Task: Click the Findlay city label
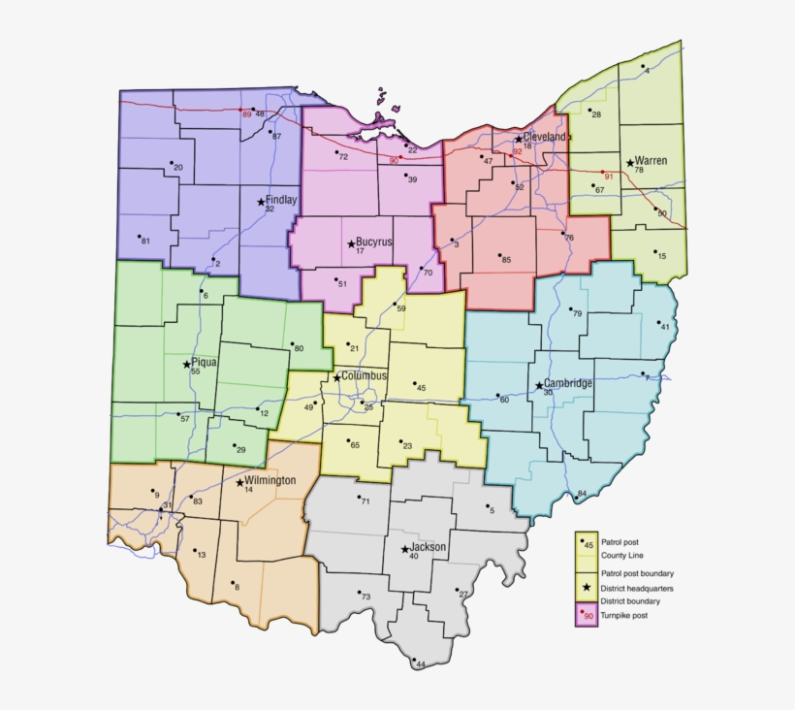tap(281, 200)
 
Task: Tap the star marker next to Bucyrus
tap(351, 243)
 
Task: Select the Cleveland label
tap(545, 138)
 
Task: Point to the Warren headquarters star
tap(629, 163)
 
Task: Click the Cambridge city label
tap(568, 383)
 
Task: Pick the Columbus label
tap(364, 375)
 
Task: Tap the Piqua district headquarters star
tap(186, 365)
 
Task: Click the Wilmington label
tap(270, 480)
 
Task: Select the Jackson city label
tap(429, 547)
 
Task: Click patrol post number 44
tap(420, 664)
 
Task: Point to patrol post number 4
tap(646, 71)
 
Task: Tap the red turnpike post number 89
tap(246, 114)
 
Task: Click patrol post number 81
tap(144, 240)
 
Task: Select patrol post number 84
tap(582, 494)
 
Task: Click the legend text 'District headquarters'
tap(637, 589)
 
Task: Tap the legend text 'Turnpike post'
tap(623, 615)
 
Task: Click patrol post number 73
tap(366, 597)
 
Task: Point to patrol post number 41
tap(664, 327)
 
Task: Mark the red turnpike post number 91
tap(608, 177)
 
